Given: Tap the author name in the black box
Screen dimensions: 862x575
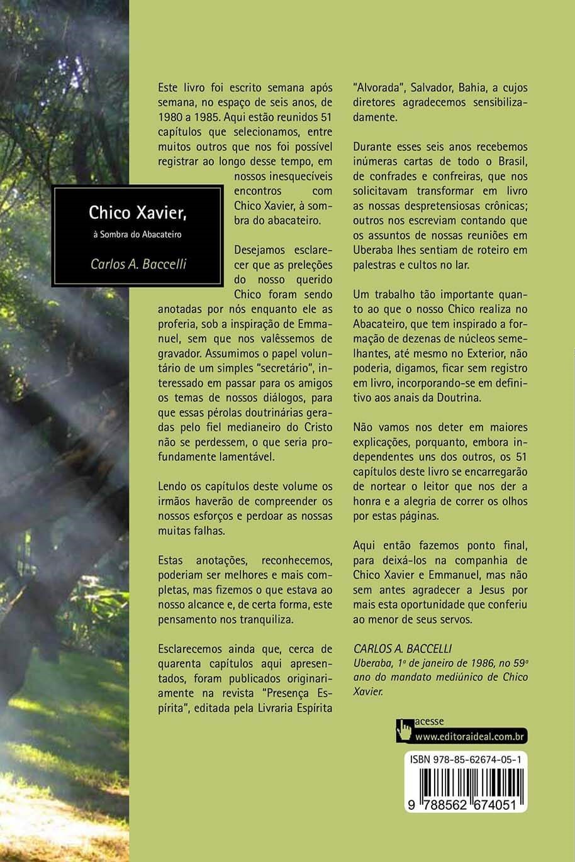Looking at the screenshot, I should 138,261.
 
